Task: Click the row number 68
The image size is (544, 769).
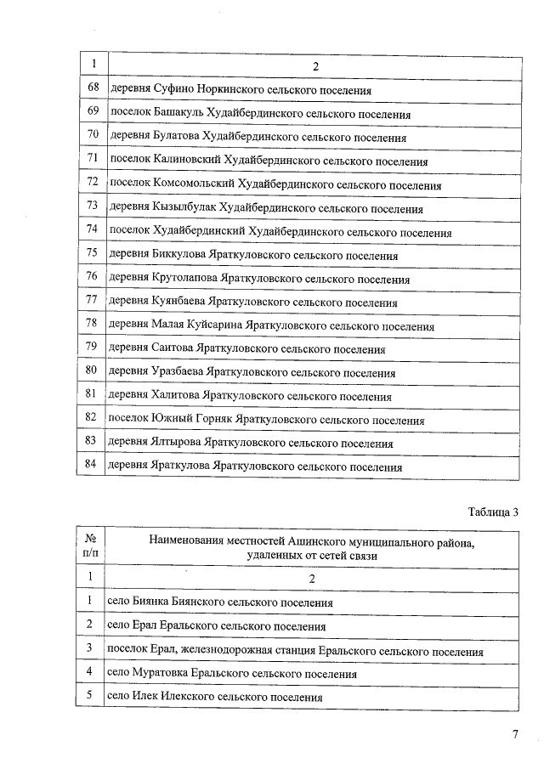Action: (93, 88)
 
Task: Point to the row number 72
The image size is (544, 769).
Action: (93, 183)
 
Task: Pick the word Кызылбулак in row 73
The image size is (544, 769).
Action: (185, 208)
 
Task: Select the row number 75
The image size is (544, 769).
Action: (93, 253)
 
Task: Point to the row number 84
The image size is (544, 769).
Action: (93, 465)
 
